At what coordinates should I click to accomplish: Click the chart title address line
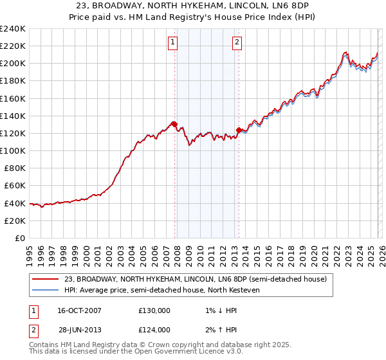point(193,5)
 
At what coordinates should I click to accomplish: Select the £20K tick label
point(14,221)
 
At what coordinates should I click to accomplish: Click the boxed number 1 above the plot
point(174,42)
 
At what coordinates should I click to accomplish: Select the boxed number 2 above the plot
point(237,42)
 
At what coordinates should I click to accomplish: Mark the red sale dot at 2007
point(174,124)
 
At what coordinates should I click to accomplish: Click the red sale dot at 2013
point(239,130)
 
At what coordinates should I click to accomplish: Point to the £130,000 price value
point(154,310)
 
